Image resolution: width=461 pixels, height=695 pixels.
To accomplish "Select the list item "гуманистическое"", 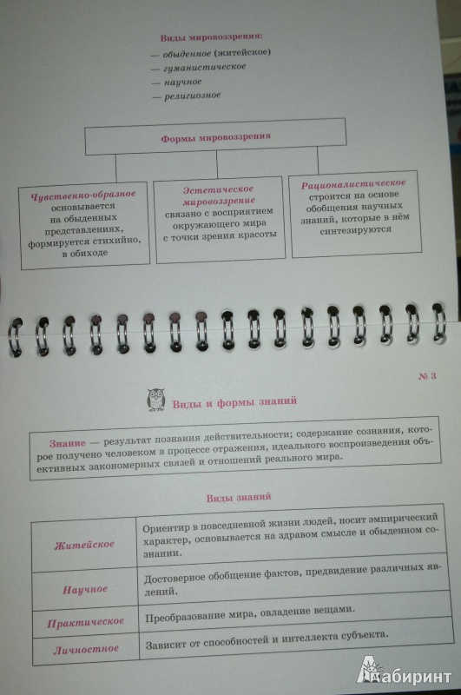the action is tap(205, 67).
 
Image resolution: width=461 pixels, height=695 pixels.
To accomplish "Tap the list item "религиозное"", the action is tap(193, 96).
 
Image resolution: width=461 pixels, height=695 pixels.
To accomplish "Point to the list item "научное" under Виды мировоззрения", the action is tap(183, 82).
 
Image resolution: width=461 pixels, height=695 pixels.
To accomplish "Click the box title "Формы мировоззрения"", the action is tap(215, 137).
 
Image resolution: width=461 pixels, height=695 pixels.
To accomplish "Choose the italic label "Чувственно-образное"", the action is tap(83, 195).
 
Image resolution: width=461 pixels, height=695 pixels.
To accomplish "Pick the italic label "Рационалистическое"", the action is tap(353, 184).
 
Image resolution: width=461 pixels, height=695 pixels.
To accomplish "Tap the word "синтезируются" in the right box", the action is tap(356, 230).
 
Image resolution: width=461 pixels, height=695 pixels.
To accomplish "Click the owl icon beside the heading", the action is tap(155, 400).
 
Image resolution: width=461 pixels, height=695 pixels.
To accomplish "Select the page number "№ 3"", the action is tap(427, 376).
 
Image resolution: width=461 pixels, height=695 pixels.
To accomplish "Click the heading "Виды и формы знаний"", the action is tap(234, 402).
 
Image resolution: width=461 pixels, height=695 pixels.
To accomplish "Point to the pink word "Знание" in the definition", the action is tap(68, 443).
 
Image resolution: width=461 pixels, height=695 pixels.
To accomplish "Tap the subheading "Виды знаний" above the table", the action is tap(239, 497).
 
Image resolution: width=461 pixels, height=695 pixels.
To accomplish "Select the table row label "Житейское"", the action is tap(84, 545).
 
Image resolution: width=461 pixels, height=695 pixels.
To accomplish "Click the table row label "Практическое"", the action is tap(85, 622).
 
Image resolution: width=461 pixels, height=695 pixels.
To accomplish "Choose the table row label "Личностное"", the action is tap(86, 650).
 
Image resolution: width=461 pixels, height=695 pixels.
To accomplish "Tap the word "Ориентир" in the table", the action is tap(162, 528).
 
